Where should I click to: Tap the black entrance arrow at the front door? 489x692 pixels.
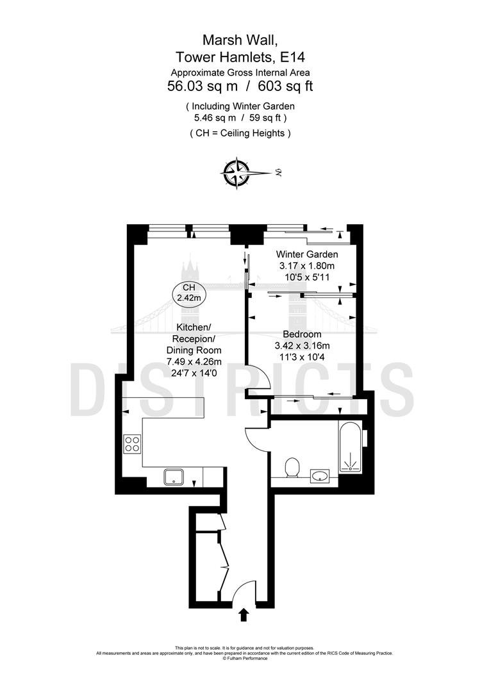click(244, 614)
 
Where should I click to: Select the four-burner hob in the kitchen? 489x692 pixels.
click(133, 443)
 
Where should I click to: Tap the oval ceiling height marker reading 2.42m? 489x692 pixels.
click(189, 293)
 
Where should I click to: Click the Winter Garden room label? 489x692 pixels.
click(307, 254)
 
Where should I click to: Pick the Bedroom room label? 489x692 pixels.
click(303, 334)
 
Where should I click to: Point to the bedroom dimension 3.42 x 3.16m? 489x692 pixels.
click(303, 345)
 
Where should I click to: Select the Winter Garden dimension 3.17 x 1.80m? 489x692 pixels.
click(307, 266)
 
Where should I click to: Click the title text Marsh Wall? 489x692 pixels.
click(240, 40)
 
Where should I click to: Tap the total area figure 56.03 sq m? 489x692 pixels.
click(203, 86)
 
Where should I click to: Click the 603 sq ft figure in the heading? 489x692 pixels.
click(285, 86)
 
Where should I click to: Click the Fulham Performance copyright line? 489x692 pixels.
click(245, 659)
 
